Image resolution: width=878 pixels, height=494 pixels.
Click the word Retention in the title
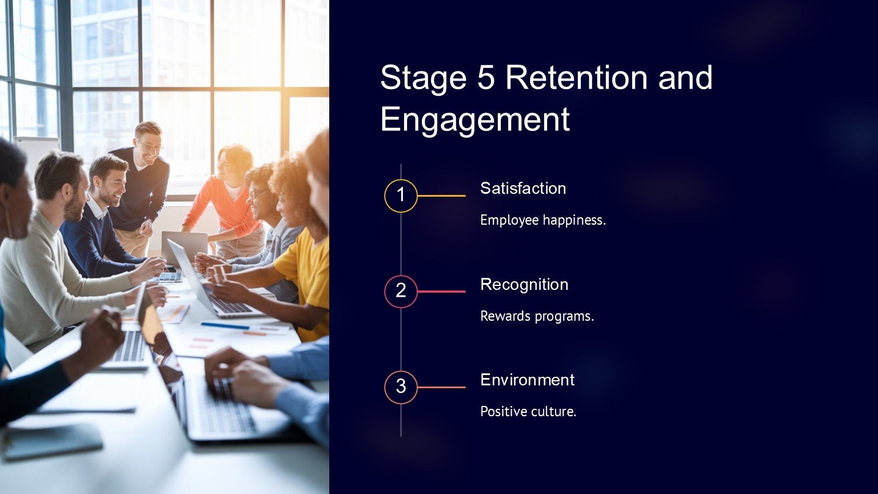click(x=576, y=77)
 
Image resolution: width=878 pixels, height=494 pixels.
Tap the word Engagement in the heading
click(x=475, y=120)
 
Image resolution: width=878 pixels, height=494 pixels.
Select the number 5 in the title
click(x=486, y=78)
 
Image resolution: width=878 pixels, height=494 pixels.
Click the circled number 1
click(x=401, y=194)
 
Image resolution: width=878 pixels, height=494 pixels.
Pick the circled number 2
click(x=401, y=290)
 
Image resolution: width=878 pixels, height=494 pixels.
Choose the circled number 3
click(x=401, y=387)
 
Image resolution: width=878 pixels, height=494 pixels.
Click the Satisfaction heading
click(x=523, y=189)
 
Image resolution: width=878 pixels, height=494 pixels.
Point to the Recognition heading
click(x=524, y=284)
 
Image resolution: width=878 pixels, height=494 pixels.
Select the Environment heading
click(x=528, y=380)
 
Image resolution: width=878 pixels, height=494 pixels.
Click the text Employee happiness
click(x=543, y=220)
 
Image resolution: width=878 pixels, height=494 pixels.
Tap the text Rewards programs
click(x=537, y=316)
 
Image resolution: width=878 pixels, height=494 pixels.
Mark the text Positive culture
click(x=528, y=412)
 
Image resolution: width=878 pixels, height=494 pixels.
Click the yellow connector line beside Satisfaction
click(x=442, y=196)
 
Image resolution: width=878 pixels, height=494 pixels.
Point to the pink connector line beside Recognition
click(x=442, y=291)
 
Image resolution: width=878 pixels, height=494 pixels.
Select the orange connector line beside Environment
click(x=442, y=387)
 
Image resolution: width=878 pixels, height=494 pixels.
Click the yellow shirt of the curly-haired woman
click(x=308, y=274)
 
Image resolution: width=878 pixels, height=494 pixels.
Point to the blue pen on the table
click(x=225, y=326)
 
